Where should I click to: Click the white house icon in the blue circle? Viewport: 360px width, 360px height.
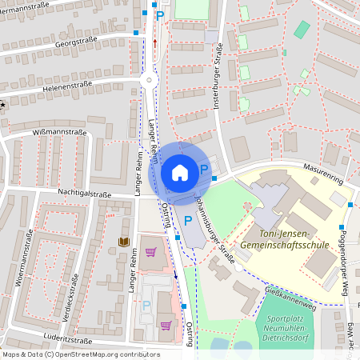pyautogui.click(x=180, y=171)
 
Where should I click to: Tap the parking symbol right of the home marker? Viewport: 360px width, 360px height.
pyautogui.click(x=204, y=169)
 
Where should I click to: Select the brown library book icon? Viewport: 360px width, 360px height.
pyautogui.click(x=123, y=241)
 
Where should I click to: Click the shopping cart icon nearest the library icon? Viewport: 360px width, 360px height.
pyautogui.click(x=150, y=253)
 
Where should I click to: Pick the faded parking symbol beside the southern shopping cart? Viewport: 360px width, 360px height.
pyautogui.click(x=146, y=306)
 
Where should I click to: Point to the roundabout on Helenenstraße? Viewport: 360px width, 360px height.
pyautogui.click(x=148, y=79)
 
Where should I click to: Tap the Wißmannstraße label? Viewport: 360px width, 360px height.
pyautogui.click(x=59, y=132)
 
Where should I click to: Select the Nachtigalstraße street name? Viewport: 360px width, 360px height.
pyautogui.click(x=84, y=194)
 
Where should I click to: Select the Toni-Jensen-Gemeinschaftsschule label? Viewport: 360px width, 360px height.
pyautogui.click(x=288, y=237)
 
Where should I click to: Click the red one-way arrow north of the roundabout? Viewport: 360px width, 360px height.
pyautogui.click(x=155, y=42)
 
